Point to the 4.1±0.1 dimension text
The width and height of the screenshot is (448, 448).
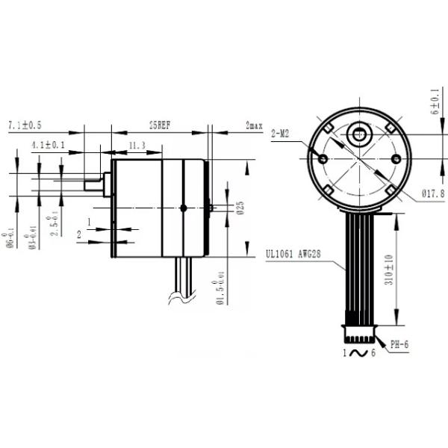click(x=49, y=144)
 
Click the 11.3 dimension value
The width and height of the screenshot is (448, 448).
click(x=137, y=145)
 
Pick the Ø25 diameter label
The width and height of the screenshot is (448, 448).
click(x=240, y=207)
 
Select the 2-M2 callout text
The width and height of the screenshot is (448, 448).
click(x=281, y=134)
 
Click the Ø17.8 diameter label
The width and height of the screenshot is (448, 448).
click(x=433, y=193)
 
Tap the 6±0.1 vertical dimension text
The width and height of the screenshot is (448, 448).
click(x=435, y=102)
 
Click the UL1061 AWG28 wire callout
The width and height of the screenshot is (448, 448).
click(x=298, y=254)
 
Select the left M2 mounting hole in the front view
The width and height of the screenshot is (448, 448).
click(x=323, y=159)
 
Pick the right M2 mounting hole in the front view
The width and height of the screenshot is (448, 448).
click(x=395, y=159)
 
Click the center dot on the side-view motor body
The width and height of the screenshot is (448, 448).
click(x=183, y=208)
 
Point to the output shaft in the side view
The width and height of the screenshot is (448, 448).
click(x=94, y=183)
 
